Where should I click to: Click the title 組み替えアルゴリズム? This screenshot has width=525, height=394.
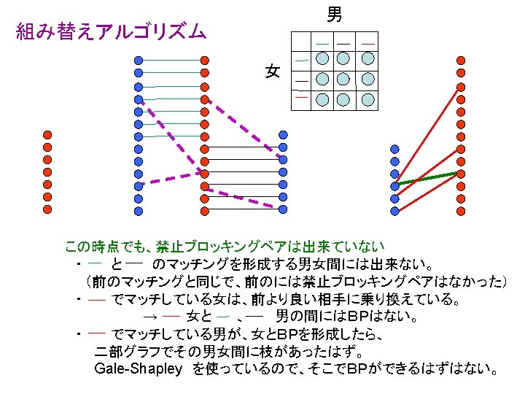click(112, 32)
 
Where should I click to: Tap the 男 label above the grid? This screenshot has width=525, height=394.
click(333, 14)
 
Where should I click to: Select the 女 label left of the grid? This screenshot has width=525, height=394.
click(273, 71)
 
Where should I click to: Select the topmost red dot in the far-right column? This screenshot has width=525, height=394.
click(460, 60)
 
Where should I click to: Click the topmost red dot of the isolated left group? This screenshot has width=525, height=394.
click(47, 134)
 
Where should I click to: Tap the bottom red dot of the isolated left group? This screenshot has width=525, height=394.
click(47, 209)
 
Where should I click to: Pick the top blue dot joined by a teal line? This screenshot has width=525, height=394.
click(139, 60)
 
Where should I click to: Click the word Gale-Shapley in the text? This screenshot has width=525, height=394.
click(138, 368)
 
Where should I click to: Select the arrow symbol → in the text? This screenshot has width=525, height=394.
click(150, 317)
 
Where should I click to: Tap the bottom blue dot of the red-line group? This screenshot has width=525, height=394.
click(395, 211)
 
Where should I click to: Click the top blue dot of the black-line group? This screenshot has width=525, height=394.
click(284, 134)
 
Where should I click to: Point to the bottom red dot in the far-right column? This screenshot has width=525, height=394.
click(460, 210)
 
